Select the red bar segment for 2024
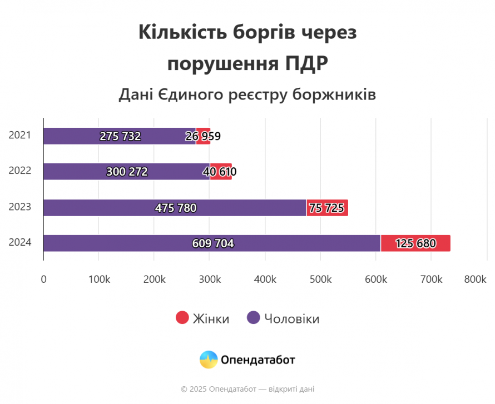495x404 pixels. tap(415, 243)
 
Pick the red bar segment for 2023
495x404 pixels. tap(327, 208)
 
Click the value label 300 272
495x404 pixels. tap(127, 172)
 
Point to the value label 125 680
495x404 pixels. tap(415, 243)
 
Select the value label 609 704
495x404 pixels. tap(213, 243)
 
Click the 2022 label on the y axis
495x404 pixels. tap(19, 171)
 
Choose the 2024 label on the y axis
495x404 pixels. tap(19, 242)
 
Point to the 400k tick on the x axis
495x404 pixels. tap(265, 280)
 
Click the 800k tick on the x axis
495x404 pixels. tap(475, 280)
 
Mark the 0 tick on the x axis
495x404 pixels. tap(43, 280)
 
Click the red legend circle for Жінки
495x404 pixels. tap(182, 318)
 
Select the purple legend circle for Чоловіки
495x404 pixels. tap(254, 318)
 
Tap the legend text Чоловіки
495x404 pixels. tap(291, 319)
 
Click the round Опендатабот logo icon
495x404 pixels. tap(209, 360)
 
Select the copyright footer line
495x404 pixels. tap(247, 389)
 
